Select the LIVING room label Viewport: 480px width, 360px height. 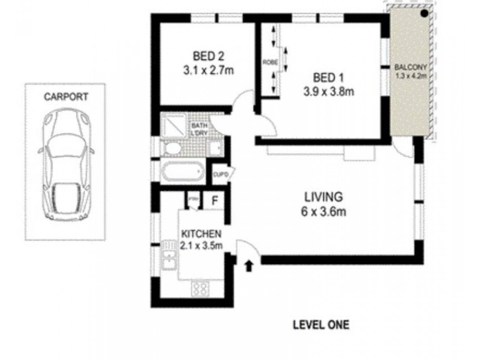click(x=322, y=196)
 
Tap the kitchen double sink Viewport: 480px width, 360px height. click(x=169, y=259)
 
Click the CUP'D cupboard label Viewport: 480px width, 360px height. click(x=219, y=174)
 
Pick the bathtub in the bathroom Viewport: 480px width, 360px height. click(x=182, y=172)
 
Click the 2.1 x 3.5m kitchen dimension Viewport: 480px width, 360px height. click(x=202, y=245)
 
